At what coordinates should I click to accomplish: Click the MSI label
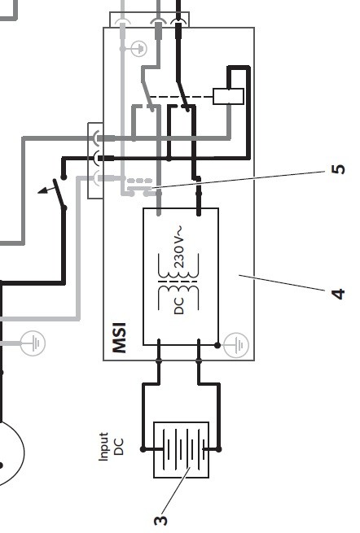(120, 338)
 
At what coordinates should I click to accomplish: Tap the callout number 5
(338, 169)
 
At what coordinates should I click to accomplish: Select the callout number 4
(338, 294)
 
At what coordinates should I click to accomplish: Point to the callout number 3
(160, 520)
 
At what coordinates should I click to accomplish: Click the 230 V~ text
(179, 246)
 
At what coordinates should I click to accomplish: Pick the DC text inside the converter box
(178, 306)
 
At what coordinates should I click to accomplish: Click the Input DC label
(111, 446)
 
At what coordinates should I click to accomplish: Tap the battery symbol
(182, 449)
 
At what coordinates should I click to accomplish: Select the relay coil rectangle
(228, 96)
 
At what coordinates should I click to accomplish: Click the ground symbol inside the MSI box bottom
(236, 345)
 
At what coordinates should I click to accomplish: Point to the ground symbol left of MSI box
(33, 343)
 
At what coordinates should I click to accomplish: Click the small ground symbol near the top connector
(138, 49)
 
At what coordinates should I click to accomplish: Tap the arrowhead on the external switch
(42, 190)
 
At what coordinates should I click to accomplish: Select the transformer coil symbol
(178, 282)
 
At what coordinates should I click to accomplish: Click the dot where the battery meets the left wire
(143, 449)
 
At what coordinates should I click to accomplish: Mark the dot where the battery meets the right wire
(219, 449)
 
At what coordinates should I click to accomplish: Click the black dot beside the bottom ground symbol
(217, 345)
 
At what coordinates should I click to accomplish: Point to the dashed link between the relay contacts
(182, 97)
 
